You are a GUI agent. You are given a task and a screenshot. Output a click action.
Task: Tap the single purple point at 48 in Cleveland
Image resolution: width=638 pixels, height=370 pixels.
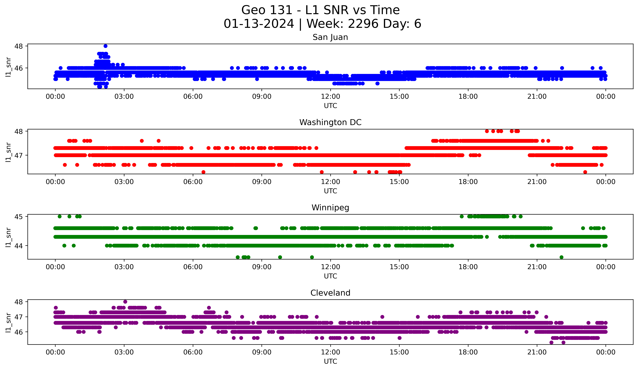coord(125,302)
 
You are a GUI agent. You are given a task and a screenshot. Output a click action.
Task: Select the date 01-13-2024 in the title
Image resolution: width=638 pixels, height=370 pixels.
coord(259,24)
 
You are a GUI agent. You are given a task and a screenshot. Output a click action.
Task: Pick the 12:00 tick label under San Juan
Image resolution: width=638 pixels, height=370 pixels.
coord(330,97)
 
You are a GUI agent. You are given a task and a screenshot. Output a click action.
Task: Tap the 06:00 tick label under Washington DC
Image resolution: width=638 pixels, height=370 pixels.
coord(193,182)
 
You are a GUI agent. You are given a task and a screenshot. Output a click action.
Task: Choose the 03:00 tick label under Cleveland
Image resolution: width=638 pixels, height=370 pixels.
coord(124,352)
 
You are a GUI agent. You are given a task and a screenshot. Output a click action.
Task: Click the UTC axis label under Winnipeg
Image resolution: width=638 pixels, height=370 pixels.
coord(330,276)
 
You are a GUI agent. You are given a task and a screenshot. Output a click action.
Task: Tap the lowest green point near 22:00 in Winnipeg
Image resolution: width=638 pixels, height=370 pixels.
coord(562,257)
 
